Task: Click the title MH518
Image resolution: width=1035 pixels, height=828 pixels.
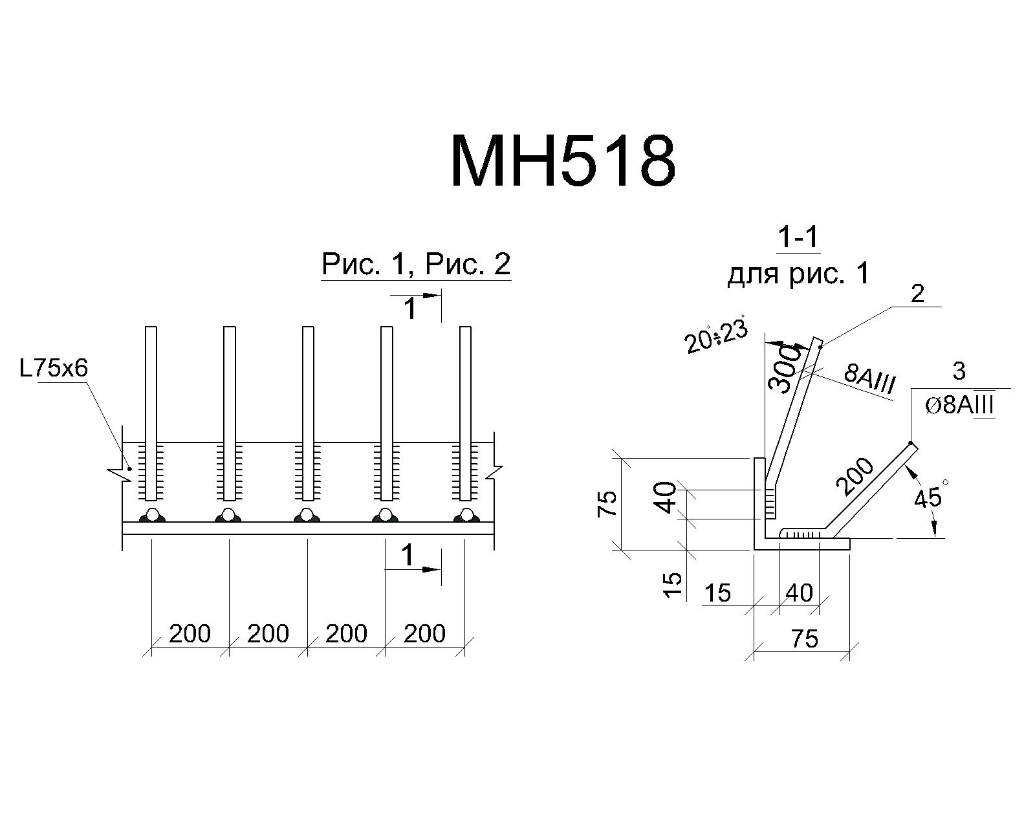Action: click(563, 160)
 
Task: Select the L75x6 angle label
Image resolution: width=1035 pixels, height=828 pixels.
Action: click(54, 369)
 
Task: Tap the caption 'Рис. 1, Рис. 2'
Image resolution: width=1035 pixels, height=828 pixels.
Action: click(416, 264)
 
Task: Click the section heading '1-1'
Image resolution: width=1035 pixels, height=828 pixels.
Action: click(798, 237)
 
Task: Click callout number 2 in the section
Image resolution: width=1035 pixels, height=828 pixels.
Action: click(918, 294)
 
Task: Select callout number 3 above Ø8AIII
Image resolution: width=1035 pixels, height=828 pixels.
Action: click(959, 371)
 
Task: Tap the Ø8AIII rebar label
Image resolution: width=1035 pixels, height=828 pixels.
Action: click(959, 406)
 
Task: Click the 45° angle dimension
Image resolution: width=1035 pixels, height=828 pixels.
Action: click(928, 496)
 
